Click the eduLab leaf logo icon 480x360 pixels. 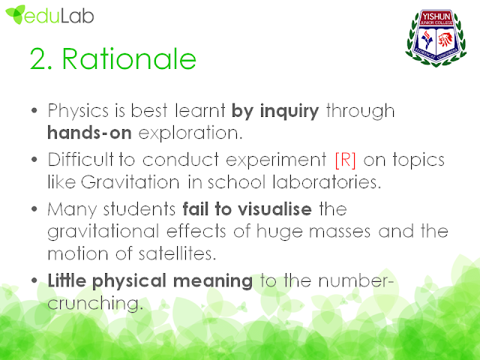coord(15,14)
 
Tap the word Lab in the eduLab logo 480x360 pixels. coord(77,15)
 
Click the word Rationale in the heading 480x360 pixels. coord(129,58)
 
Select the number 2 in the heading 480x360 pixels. coord(39,58)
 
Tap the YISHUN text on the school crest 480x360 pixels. coord(436,16)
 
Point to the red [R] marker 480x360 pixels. coord(346,160)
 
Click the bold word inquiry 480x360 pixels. coord(289,111)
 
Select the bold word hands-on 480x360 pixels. coord(89,133)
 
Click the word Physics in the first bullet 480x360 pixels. coord(78,111)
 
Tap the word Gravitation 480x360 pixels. coord(130,181)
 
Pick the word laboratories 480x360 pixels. coord(327,181)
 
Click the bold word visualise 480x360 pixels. coord(275,209)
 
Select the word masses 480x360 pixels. coord(340,232)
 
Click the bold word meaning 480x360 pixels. coord(213,281)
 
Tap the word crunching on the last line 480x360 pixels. coord(95,304)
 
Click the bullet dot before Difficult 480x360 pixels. coord(34,160)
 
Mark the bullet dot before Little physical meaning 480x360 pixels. coord(34,280)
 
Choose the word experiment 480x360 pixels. coord(276,160)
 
